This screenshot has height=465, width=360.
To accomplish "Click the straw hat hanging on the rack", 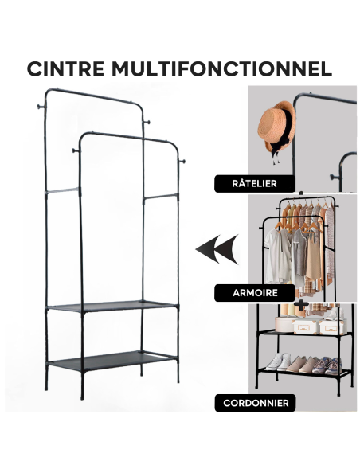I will [x=276, y=127].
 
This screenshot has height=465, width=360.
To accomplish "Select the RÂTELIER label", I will [x=249, y=184].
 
